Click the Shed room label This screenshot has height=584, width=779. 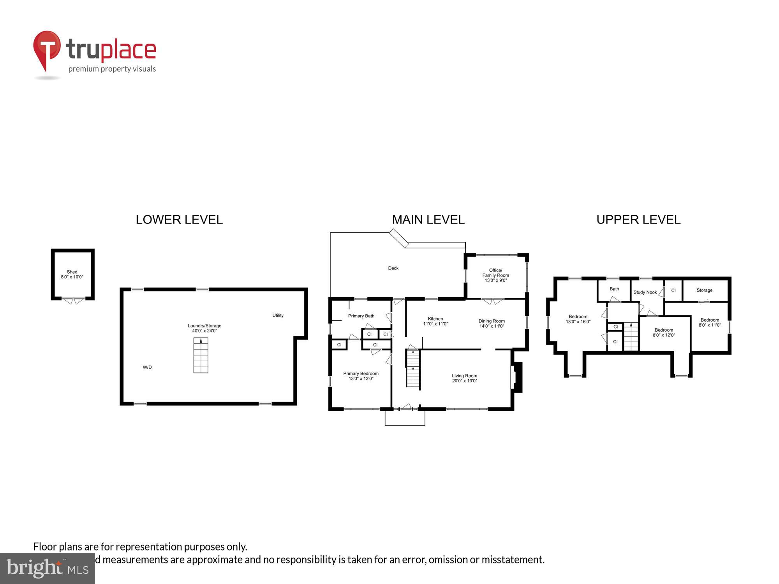[x=72, y=272]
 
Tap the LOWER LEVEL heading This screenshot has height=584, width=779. [x=179, y=220]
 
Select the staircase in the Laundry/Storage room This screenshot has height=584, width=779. [x=201, y=355]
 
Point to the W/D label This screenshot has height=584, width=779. [x=147, y=367]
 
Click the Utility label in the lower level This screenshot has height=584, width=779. [x=278, y=315]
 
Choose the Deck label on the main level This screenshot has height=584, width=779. [x=393, y=268]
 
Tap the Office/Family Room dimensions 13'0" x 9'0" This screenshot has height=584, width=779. [x=495, y=280]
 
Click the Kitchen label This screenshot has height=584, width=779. [x=435, y=318]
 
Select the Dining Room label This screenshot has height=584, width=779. [x=492, y=321]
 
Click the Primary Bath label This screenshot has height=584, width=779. [x=361, y=316]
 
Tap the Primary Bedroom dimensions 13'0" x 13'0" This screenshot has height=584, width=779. [x=361, y=378]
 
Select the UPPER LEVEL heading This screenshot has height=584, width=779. [x=638, y=220]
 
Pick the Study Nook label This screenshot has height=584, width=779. [x=645, y=292]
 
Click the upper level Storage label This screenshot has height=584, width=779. [x=704, y=290]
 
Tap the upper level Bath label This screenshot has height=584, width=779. [x=614, y=289]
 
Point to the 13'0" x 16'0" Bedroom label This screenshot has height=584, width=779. [x=578, y=319]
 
